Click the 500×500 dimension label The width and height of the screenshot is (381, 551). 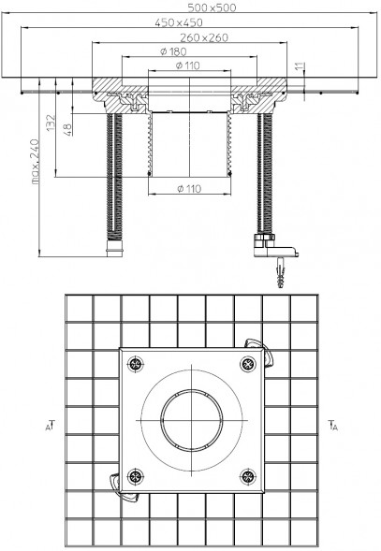(212, 7)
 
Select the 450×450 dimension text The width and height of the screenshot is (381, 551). (179, 22)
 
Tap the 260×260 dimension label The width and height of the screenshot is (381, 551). (204, 37)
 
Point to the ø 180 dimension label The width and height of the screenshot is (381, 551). (173, 51)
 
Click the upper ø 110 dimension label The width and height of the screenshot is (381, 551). (188, 65)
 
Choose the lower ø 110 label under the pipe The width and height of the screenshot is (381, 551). (189, 189)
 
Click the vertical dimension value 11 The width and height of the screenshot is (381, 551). (300, 66)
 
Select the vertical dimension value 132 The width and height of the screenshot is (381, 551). (51, 123)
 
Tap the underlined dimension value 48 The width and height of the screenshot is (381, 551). (68, 129)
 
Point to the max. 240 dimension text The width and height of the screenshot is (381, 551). (36, 161)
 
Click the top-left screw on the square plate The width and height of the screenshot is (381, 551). (136, 364)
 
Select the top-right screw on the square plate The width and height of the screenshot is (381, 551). (248, 364)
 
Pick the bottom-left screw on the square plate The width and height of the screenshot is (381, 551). (136, 476)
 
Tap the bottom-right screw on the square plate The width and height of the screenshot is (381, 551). (248, 476)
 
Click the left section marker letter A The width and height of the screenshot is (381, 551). (47, 428)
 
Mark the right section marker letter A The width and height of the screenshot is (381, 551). (335, 428)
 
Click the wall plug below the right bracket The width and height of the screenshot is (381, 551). (281, 272)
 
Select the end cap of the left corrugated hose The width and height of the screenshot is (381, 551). (115, 249)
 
